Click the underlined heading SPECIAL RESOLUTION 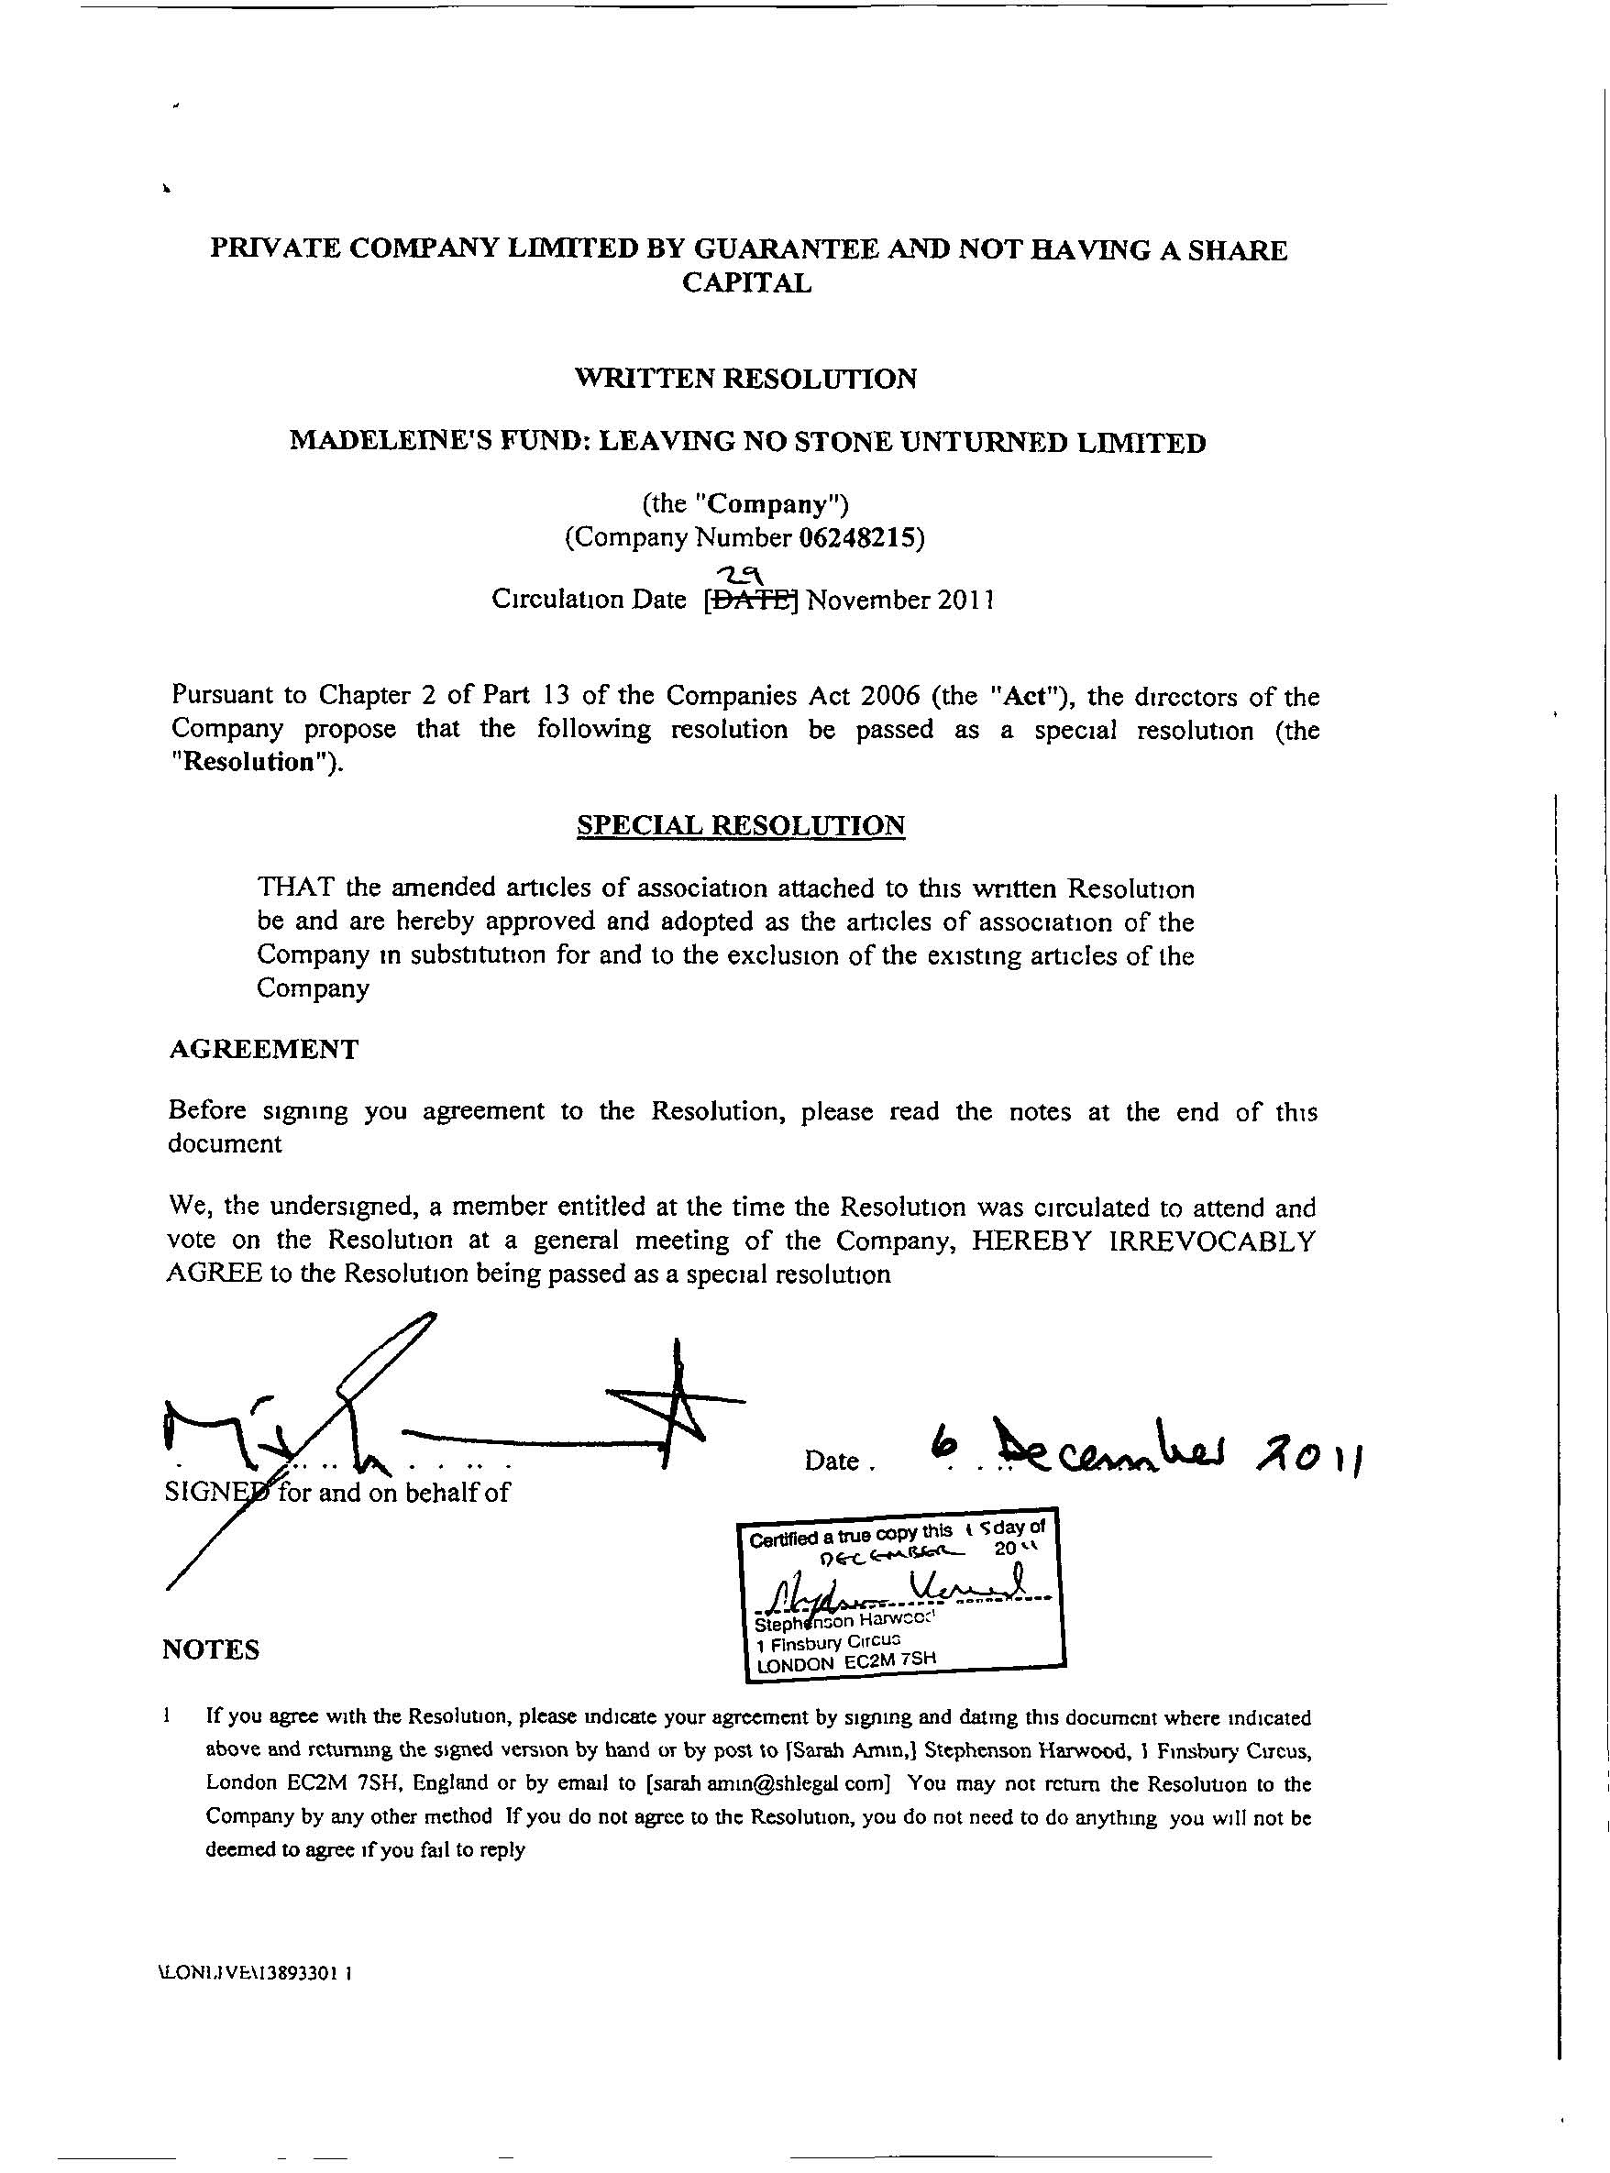(x=741, y=826)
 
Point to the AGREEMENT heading (x=263, y=1050)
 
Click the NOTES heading (x=211, y=1649)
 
